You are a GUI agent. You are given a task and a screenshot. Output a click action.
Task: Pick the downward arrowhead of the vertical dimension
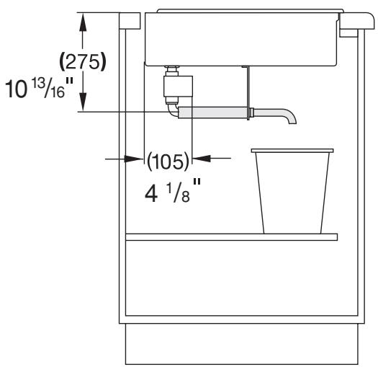[84, 104]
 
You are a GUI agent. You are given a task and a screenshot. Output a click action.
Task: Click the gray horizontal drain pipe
[213, 112]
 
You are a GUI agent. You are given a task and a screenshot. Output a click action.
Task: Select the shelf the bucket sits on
[231, 236]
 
